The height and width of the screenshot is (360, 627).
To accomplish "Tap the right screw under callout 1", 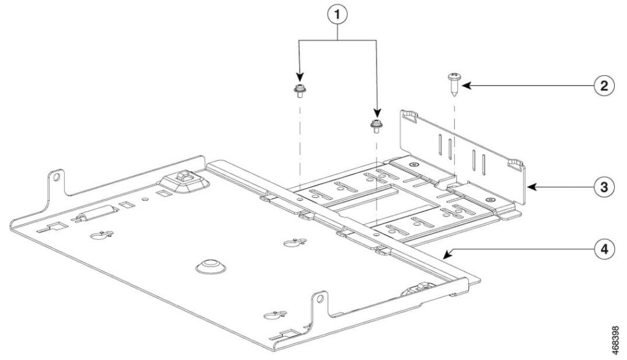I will [376, 125].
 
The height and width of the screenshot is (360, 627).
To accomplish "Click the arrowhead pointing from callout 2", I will [464, 86].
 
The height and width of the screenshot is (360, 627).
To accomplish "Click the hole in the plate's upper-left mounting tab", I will [56, 178].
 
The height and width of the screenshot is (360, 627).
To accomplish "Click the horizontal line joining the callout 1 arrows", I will [337, 41].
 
